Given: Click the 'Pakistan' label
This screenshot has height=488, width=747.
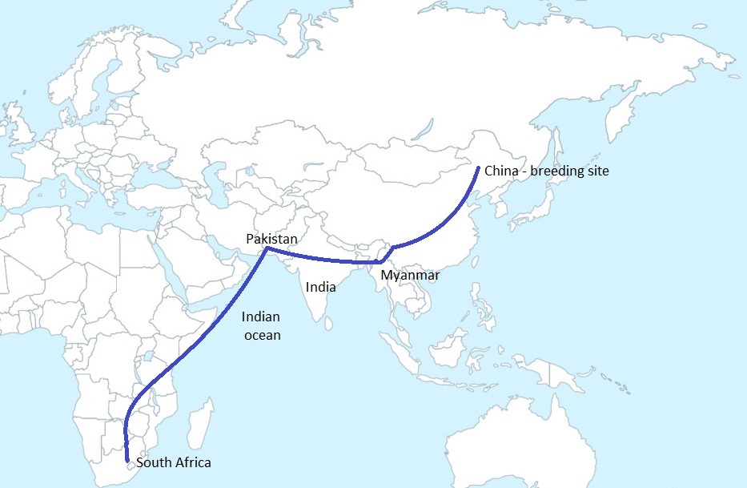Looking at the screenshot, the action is (x=271, y=240).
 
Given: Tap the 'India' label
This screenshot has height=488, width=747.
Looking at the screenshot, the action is (x=320, y=285).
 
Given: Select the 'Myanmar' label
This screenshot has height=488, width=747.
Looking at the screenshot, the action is (x=410, y=275).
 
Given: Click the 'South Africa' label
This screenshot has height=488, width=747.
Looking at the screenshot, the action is (x=175, y=462).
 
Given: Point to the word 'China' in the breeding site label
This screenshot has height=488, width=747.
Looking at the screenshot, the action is (x=501, y=171).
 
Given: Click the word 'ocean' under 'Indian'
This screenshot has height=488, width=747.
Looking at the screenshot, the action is (x=262, y=335).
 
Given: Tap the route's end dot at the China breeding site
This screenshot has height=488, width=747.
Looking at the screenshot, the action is (x=478, y=168).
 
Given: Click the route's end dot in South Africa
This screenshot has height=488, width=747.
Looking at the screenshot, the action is (x=129, y=461).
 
